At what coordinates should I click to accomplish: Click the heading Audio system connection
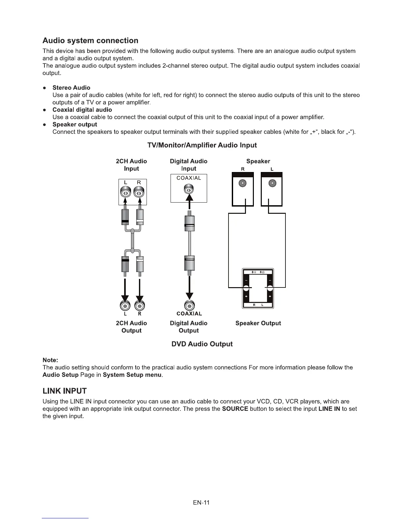[90, 41]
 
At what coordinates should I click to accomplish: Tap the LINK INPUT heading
[65, 391]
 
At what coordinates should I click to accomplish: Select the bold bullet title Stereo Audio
[71, 88]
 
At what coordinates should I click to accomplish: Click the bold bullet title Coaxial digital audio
[82, 110]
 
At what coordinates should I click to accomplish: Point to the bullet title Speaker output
[75, 125]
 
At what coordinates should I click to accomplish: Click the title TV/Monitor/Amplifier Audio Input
[202, 145]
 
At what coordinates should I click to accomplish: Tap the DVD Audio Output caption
[202, 344]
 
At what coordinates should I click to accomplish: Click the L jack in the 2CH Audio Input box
[125, 192]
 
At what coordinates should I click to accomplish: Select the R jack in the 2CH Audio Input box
[139, 192]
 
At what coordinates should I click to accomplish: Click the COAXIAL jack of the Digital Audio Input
[189, 190]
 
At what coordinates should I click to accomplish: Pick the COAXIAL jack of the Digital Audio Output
[189, 306]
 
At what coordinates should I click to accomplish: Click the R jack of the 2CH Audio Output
[140, 306]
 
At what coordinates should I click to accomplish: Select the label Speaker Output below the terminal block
[258, 323]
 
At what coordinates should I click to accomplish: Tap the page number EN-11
[201, 503]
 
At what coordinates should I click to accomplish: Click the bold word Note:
[50, 360]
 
